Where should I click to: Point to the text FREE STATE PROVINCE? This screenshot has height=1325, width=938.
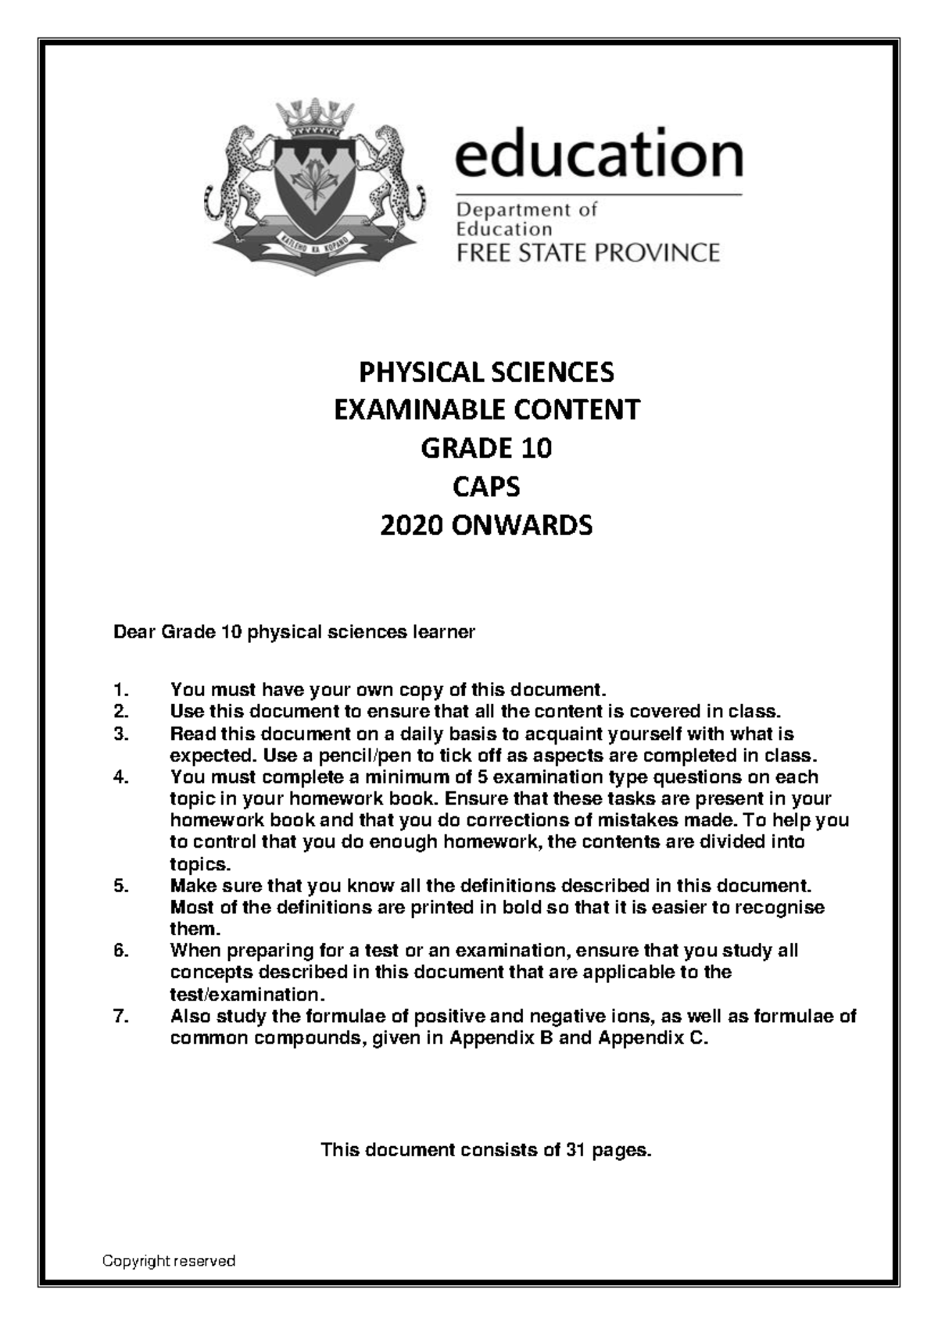(x=587, y=253)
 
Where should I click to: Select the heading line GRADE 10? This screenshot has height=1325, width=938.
(x=486, y=448)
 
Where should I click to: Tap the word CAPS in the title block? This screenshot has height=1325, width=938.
(x=486, y=487)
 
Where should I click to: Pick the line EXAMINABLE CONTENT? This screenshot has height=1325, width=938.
(x=486, y=410)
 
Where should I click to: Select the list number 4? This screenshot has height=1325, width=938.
(x=120, y=777)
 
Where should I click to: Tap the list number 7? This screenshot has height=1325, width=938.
(x=120, y=1016)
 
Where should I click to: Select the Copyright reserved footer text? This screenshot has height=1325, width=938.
(x=169, y=1261)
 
